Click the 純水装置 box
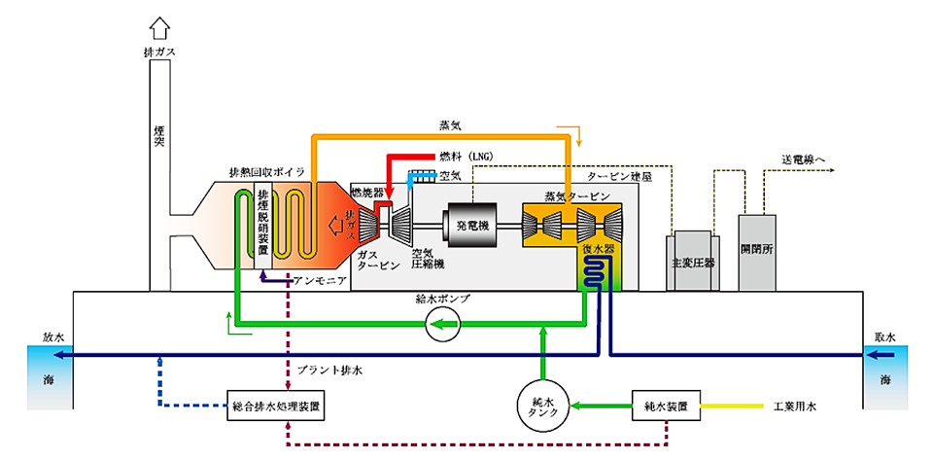point(666,403)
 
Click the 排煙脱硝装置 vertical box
point(262,224)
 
